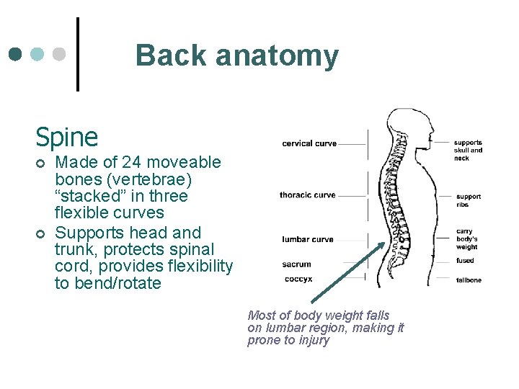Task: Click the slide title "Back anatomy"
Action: tap(236, 55)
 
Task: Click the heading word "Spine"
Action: tap(67, 136)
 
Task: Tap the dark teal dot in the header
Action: tap(16, 54)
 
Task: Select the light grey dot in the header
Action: tap(60, 54)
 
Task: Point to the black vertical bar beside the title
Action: tap(78, 55)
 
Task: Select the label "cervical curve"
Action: tap(309, 143)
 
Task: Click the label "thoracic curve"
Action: tap(308, 195)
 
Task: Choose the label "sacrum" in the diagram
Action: tap(297, 264)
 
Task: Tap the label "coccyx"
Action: tap(298, 280)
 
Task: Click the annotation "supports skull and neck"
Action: tap(468, 150)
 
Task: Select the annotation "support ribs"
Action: tap(468, 200)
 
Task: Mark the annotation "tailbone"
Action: tap(469, 280)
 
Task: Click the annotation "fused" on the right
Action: tap(465, 261)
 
